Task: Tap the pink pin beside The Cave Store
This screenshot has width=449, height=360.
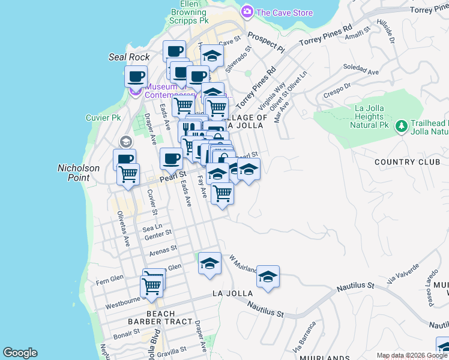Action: [x=247, y=12]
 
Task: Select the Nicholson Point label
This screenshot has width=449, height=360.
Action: [x=78, y=173]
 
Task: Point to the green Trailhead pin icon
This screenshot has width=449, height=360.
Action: [x=400, y=126]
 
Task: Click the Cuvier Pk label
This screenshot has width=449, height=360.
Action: [x=103, y=118]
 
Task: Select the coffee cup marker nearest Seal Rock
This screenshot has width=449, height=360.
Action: [x=136, y=77]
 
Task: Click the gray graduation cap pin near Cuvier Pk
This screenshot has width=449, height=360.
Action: [x=125, y=142]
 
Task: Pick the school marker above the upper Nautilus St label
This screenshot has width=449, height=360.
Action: [x=268, y=277]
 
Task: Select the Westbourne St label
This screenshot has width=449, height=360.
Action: [x=122, y=302]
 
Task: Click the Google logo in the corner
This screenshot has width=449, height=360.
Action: [x=20, y=353]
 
